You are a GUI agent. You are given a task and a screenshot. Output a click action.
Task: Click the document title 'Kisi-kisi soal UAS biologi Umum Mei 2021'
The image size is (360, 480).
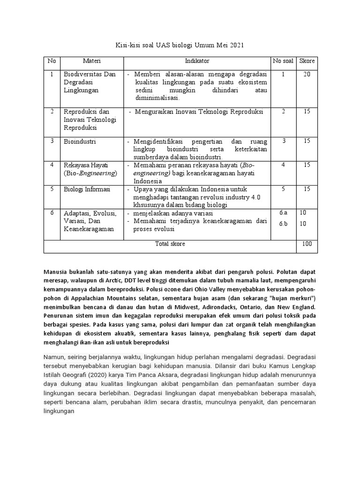[x=180, y=45]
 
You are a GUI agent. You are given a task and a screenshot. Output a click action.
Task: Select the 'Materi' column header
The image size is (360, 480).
[x=92, y=61]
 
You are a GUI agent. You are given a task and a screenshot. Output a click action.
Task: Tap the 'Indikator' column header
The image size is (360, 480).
[x=197, y=61]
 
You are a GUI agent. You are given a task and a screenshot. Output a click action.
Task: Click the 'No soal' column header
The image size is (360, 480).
[x=283, y=61]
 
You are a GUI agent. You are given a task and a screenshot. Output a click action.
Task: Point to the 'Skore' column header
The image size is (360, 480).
[x=307, y=61]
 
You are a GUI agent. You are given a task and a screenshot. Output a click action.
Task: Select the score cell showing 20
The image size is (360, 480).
[x=307, y=74]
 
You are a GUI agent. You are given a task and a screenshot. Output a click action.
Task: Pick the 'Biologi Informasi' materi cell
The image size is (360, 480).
[x=87, y=189]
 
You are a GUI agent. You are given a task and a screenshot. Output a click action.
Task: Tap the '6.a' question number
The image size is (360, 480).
[x=283, y=213]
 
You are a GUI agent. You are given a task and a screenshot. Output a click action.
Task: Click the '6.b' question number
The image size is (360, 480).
[x=283, y=223]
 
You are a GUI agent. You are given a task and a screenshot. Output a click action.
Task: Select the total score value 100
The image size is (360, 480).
[x=307, y=244]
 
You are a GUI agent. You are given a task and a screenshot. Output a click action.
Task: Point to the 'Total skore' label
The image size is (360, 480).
[x=170, y=244]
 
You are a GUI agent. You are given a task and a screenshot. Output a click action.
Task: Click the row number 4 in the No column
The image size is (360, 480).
[x=52, y=165]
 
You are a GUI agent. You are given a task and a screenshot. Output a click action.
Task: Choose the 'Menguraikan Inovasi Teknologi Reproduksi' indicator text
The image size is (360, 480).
[x=199, y=112]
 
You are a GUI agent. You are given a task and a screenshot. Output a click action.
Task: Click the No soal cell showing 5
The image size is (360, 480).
[x=283, y=189]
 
